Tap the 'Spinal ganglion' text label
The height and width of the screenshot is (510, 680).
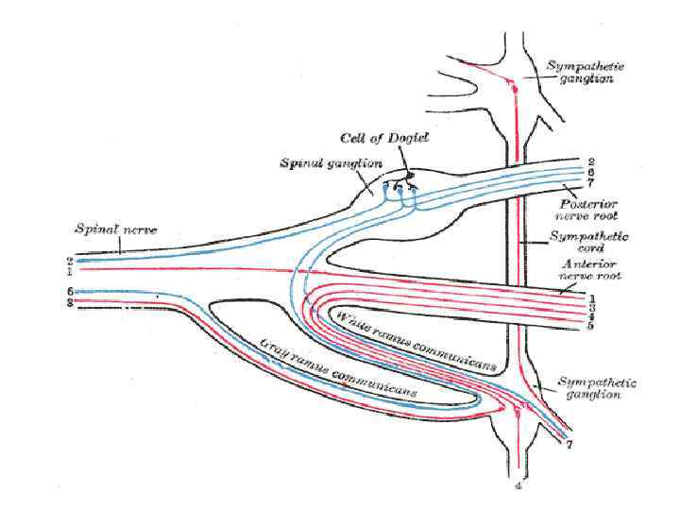point(323,162)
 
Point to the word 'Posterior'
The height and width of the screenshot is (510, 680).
point(586,204)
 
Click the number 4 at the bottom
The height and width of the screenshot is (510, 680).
point(518,487)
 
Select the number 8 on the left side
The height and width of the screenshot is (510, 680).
point(70,302)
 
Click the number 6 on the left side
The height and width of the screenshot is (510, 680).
point(70,292)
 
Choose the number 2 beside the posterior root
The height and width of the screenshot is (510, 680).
point(589,161)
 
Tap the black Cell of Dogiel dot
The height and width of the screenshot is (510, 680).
point(412,176)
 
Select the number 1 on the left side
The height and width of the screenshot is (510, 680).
point(70,269)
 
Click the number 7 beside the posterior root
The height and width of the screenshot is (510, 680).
point(589,183)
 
